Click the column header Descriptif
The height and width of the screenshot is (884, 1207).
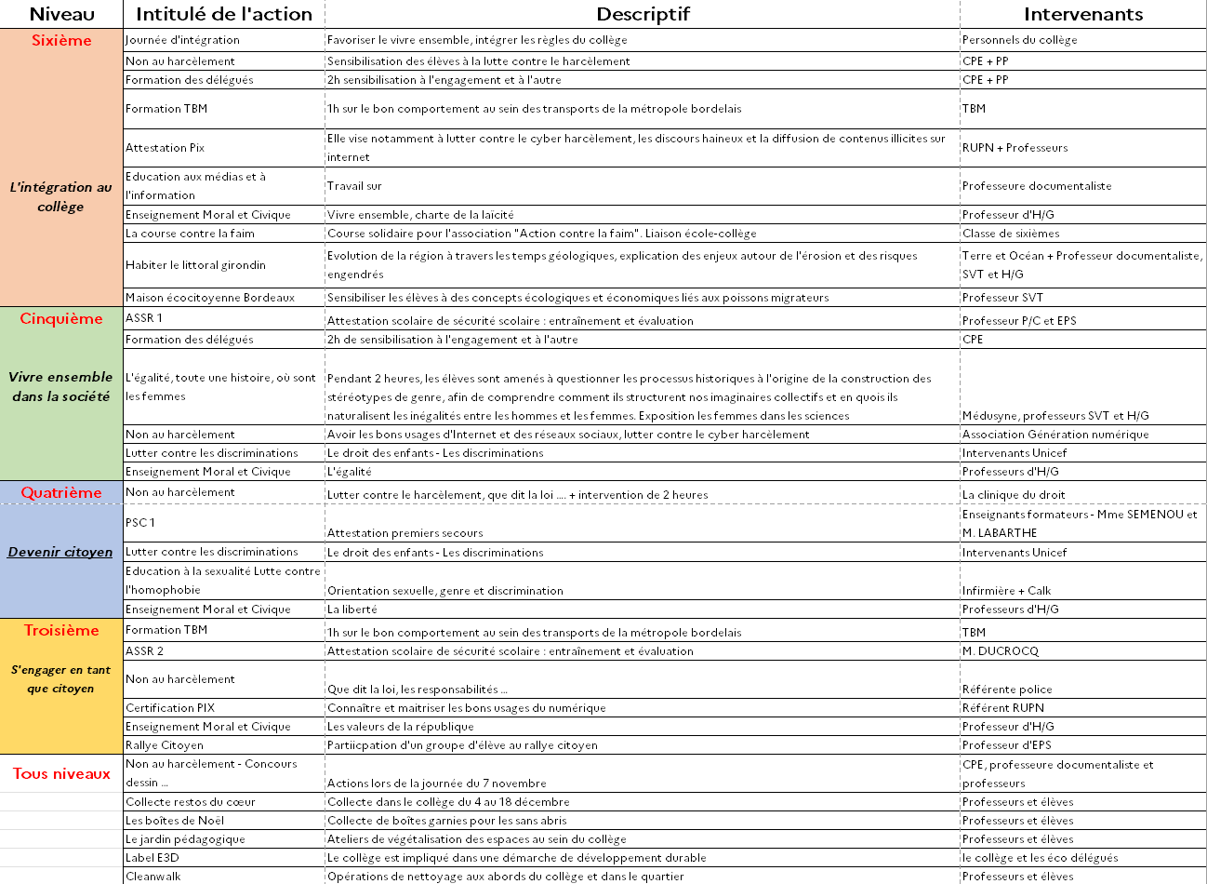[643, 14]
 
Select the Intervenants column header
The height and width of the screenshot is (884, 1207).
[1083, 14]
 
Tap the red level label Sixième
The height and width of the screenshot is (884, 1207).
[61, 41]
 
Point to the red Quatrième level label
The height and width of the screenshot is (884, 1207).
[61, 493]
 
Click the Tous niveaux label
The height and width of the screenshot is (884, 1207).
[61, 774]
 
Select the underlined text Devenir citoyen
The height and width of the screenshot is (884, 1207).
[60, 552]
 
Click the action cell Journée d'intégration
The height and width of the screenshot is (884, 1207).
[183, 40]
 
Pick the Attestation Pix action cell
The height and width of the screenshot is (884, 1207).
[166, 148]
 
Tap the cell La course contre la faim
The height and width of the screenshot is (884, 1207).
[191, 234]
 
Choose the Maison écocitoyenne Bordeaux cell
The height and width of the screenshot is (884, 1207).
[210, 298]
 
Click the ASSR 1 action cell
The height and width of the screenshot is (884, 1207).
[144, 318]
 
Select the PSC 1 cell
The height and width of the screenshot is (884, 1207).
[140, 523]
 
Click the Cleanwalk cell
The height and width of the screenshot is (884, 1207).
[153, 877]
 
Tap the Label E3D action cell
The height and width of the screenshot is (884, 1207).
[153, 858]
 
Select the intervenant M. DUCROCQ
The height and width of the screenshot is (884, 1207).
[1001, 651]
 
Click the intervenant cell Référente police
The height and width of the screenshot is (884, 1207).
[1007, 690]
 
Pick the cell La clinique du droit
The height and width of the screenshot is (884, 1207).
[1014, 495]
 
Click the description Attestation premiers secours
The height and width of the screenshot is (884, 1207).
[405, 533]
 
